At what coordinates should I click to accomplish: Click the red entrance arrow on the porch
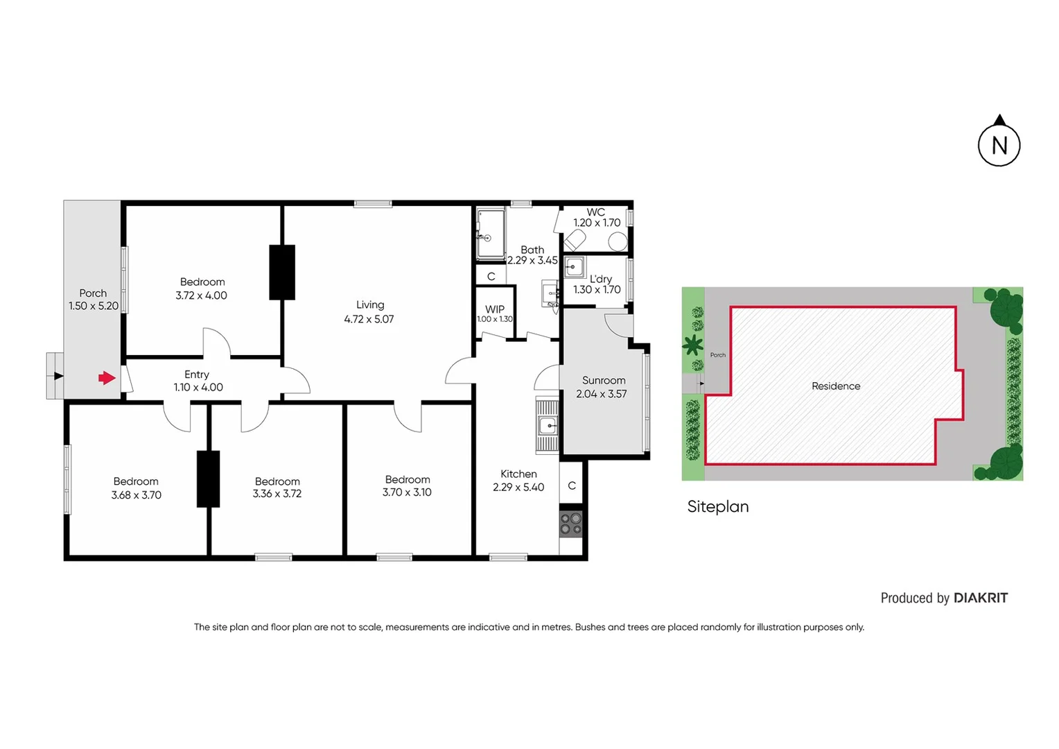point(106,378)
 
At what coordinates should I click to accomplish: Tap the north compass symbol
point(999,144)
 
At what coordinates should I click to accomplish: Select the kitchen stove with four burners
point(571,524)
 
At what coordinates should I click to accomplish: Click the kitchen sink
point(548,425)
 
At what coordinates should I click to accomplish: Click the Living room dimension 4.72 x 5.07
point(369,319)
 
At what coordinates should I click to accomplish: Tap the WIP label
point(495,309)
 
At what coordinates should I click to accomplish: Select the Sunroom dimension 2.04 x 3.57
point(602,394)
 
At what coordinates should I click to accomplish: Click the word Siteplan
point(717,506)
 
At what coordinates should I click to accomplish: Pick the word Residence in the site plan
point(836,386)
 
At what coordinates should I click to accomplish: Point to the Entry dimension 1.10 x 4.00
point(198,388)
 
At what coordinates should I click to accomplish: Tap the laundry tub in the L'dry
point(574,267)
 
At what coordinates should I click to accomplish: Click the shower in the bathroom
point(491,234)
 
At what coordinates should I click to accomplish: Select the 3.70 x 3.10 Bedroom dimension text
point(407,492)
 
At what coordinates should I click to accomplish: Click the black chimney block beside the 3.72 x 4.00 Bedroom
point(282,272)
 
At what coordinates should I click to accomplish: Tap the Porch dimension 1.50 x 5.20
point(94,306)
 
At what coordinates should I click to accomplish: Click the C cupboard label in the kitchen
point(572,485)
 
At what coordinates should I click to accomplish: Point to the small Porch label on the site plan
point(718,355)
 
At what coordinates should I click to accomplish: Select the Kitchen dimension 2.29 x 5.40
point(518,488)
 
